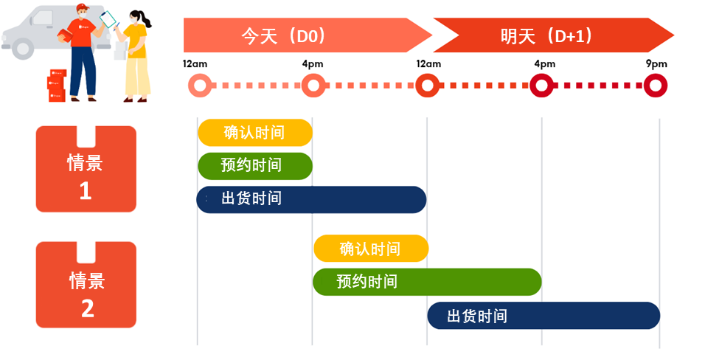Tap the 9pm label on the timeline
coord(656,64)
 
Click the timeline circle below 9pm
coord(656,86)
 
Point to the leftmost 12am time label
coord(195,64)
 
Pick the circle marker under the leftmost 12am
coord(198,86)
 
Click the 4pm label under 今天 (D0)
coord(313,64)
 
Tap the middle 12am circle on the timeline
coord(427,86)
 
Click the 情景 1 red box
coord(86,170)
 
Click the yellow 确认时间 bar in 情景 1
coord(255,132)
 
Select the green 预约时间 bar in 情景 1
coord(255,165)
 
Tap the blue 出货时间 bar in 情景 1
coord(311,199)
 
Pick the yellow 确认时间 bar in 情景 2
coord(371,249)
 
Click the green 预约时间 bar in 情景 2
coord(428,282)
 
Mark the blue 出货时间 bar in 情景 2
coord(543,316)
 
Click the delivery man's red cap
coord(81,8)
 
